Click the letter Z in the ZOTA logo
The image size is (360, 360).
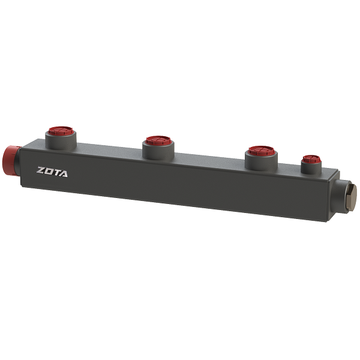[x=41, y=170]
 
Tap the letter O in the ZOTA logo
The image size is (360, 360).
[x=49, y=171]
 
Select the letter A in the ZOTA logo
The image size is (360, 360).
[x=63, y=173]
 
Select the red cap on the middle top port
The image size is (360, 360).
[x=158, y=140]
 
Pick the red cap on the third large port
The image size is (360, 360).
[x=262, y=151]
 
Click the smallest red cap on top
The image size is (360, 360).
[x=311, y=159]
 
